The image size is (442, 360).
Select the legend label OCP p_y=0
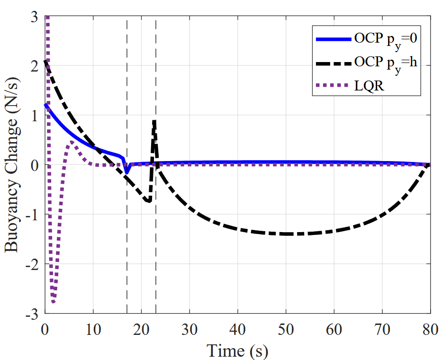(x=385, y=39)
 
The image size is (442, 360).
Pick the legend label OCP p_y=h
(x=385, y=63)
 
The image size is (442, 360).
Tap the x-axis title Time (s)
(x=237, y=351)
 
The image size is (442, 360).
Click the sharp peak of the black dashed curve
(x=154, y=121)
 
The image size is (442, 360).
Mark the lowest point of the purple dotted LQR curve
(x=54, y=302)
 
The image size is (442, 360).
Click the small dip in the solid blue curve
(x=126, y=172)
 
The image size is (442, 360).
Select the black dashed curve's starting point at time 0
(x=45, y=60)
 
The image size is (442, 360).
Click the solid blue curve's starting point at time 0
(x=45, y=105)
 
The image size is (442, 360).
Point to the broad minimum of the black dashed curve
(x=287, y=234)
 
